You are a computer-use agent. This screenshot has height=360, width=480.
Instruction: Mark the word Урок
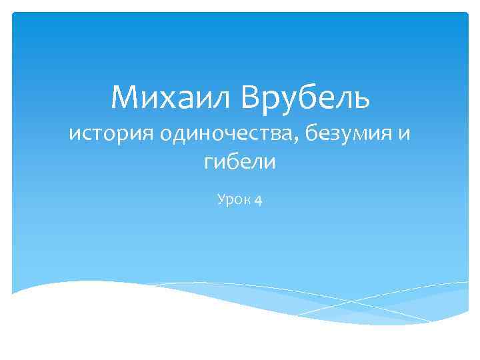coord(231,198)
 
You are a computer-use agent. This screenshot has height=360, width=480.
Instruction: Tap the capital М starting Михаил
coord(125,98)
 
